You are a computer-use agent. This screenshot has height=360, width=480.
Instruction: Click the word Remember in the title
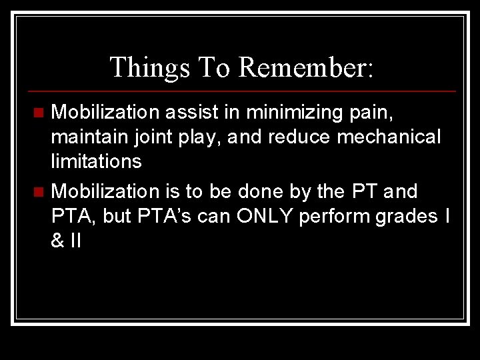(x=307, y=67)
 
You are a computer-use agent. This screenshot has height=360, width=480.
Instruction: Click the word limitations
(x=96, y=161)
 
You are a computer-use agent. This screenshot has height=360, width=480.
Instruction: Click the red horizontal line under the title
(x=240, y=91)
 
